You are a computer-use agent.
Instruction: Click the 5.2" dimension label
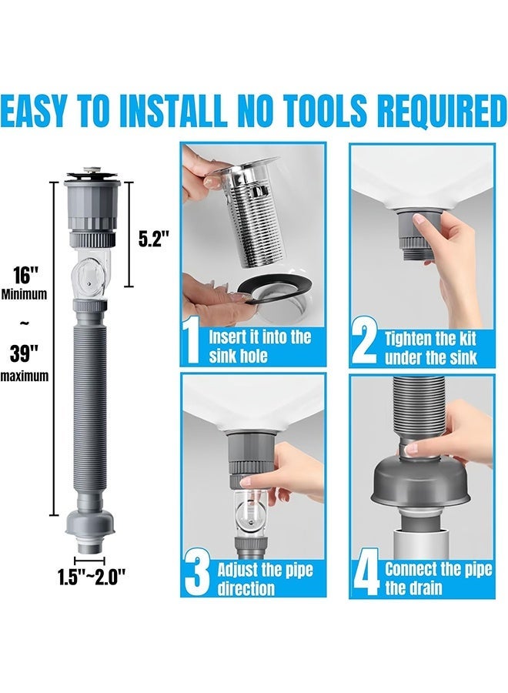(x=154, y=239)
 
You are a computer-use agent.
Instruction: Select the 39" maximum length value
(x=25, y=353)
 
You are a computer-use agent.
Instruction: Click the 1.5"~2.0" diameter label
(x=92, y=577)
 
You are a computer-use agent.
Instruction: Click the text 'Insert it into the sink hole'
(x=259, y=346)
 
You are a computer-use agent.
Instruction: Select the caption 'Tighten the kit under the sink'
(x=431, y=348)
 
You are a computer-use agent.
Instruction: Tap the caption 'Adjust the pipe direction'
(x=265, y=579)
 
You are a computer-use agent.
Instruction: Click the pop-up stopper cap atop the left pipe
(x=92, y=172)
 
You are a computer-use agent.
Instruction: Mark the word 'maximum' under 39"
(x=25, y=377)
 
